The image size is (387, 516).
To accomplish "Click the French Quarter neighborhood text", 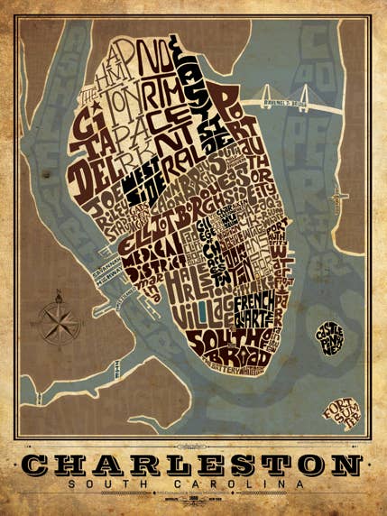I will pos(256,309).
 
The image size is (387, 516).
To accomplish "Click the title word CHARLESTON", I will pos(193,465).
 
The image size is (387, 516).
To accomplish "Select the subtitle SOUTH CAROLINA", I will pos(193,484).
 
